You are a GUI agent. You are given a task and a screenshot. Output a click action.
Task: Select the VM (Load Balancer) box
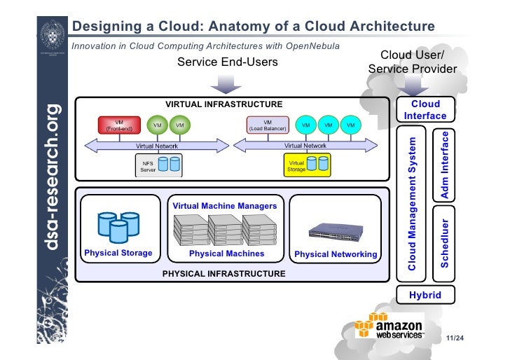[x=267, y=125]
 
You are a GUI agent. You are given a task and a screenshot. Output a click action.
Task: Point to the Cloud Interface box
[x=425, y=110]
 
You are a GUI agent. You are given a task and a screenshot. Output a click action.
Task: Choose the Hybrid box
[x=425, y=295]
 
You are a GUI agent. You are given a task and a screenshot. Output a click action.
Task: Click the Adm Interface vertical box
[x=445, y=164]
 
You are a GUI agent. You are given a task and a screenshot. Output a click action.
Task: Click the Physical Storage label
[x=118, y=253]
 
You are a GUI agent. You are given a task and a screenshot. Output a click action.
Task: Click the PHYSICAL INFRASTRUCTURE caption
[x=223, y=273]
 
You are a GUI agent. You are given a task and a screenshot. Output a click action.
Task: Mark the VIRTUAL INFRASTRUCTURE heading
[x=223, y=104]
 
